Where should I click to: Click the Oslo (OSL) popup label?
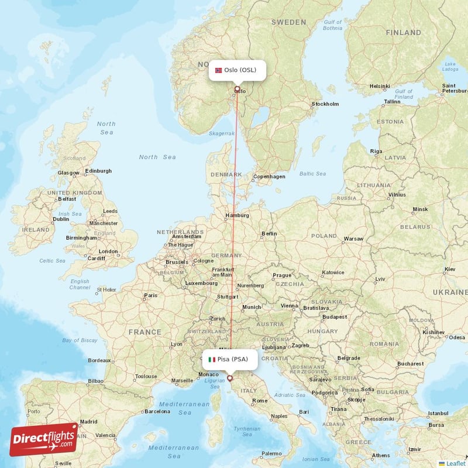(238, 70)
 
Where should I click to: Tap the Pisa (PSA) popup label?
(230, 359)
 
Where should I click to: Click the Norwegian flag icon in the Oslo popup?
(219, 70)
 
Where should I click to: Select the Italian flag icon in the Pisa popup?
(212, 359)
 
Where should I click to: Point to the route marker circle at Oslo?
(237, 90)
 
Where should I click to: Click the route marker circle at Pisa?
(229, 378)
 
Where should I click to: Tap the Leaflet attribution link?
(453, 463)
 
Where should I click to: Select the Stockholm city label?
(325, 104)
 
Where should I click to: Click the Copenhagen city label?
(270, 177)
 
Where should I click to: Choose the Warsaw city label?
(353, 239)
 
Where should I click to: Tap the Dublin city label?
(61, 219)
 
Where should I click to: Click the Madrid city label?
(89, 421)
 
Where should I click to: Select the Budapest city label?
(334, 317)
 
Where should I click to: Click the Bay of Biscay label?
(80, 340)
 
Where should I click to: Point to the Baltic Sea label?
(312, 174)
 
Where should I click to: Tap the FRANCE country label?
(144, 332)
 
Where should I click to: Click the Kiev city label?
(449, 269)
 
